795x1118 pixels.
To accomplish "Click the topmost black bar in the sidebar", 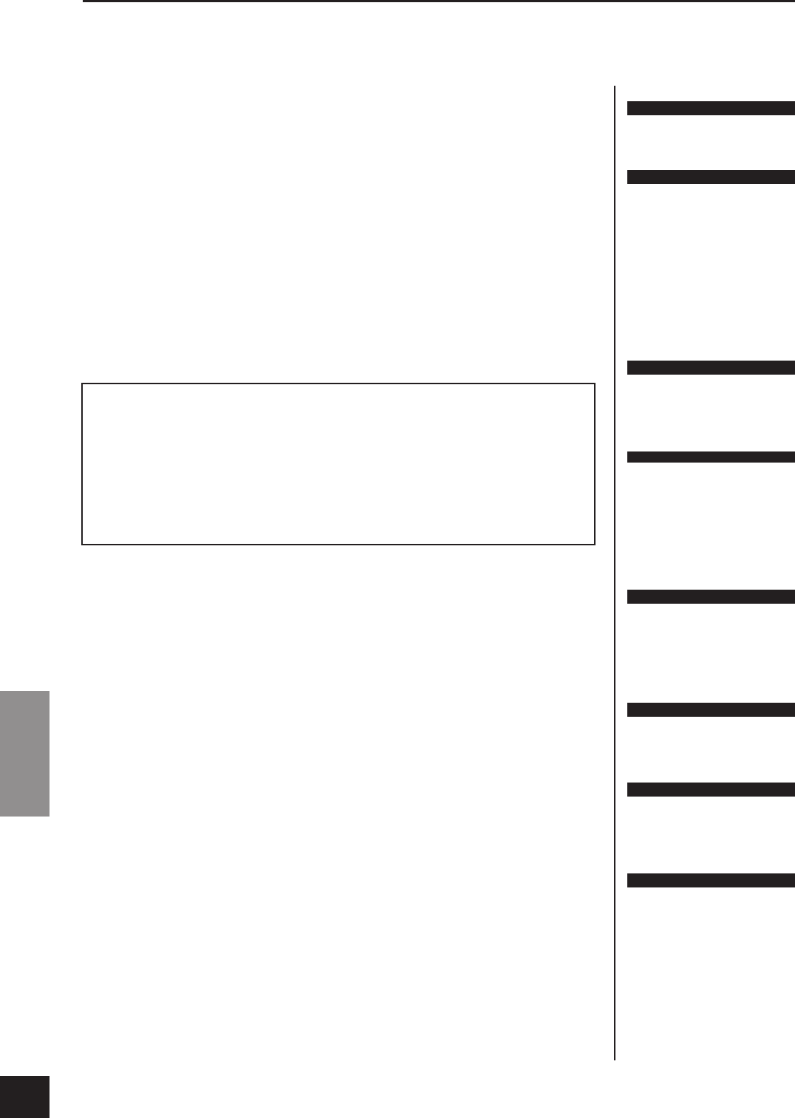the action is click(x=711, y=109).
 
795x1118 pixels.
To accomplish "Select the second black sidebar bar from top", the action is click(x=711, y=177).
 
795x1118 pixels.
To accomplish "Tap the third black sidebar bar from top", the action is click(x=711, y=368).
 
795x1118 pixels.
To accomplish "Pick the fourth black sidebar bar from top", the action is click(x=711, y=457).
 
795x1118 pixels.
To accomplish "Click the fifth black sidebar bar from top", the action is click(x=711, y=597).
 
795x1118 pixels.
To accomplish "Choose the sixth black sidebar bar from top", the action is click(x=711, y=710).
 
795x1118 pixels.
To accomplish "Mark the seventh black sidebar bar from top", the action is click(x=711, y=790).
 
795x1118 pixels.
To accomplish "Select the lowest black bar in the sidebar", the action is click(x=711, y=880).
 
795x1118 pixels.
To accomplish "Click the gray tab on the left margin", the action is click(x=24, y=753).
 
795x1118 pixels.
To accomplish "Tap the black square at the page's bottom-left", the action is click(x=24, y=1097).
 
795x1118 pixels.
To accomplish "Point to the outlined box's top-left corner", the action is click(x=82, y=384).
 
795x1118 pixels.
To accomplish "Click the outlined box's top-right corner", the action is click(x=595, y=384).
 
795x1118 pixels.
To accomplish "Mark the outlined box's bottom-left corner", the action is click(x=82, y=545).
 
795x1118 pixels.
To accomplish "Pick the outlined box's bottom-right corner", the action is click(x=595, y=545).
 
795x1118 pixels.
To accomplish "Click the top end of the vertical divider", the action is click(x=615, y=86).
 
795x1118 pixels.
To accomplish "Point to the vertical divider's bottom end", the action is click(x=615, y=1059).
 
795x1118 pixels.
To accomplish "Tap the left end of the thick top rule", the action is click(x=84, y=1).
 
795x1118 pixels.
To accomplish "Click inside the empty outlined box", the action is click(x=338, y=464).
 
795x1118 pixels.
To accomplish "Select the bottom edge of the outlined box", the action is click(x=338, y=545).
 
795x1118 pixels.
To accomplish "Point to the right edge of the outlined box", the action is click(x=595, y=464).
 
